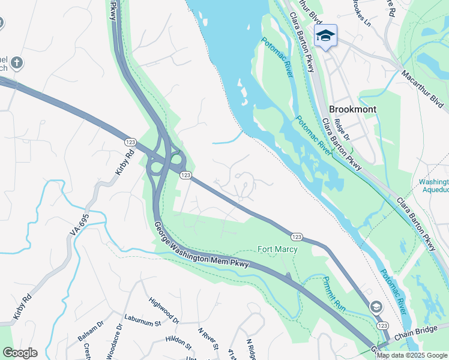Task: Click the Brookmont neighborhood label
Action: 352,109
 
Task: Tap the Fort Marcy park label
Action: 277,249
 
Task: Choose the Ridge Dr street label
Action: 342,129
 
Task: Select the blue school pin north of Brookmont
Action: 325,36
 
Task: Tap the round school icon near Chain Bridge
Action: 376,307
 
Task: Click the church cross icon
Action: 17,62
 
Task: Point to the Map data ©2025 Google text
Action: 412,355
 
